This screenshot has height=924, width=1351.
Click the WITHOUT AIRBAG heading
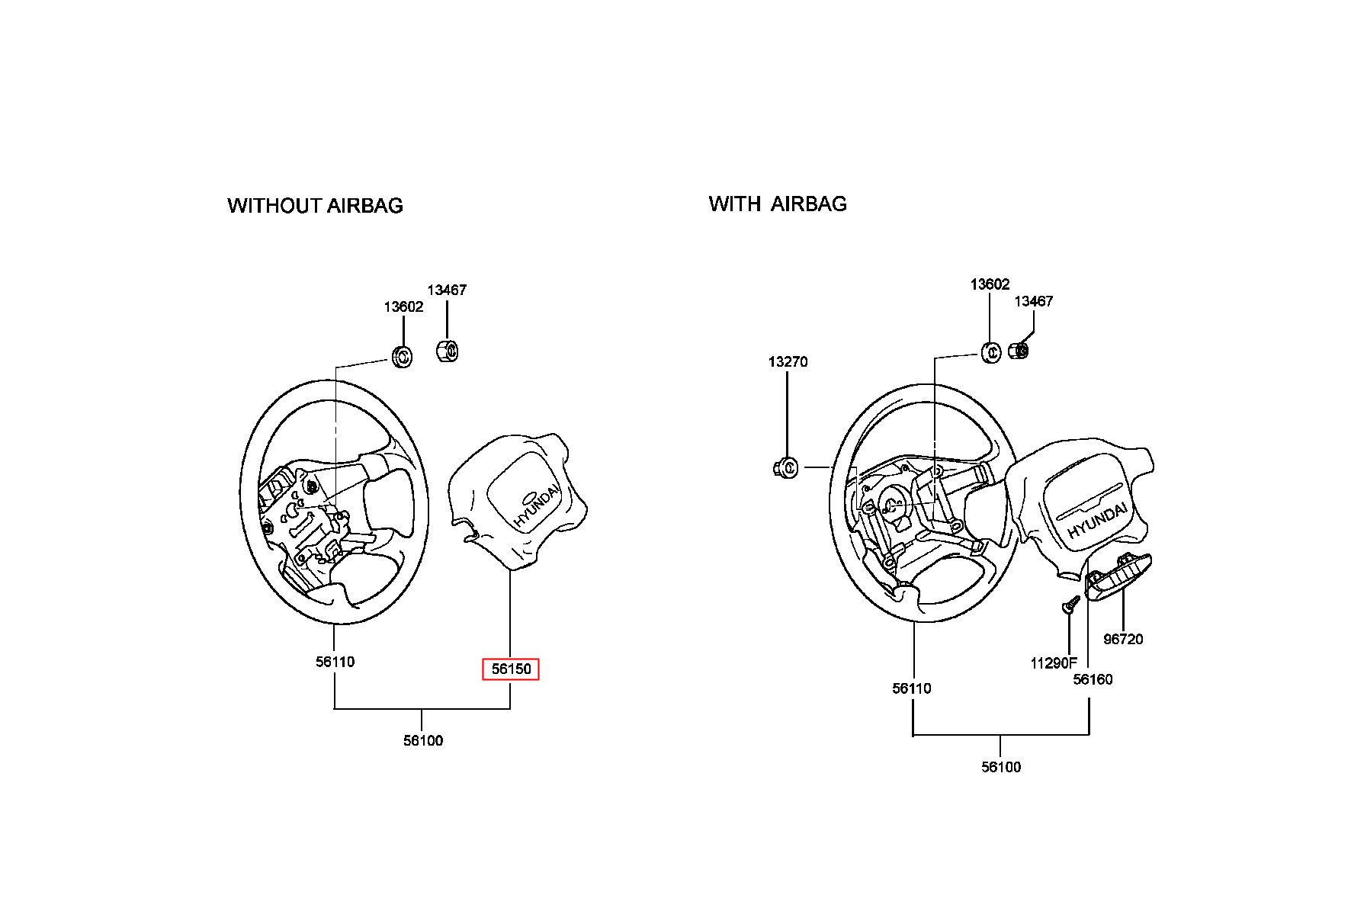[315, 205]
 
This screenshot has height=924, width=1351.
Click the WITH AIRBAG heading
[778, 204]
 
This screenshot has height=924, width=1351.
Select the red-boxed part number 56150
[511, 669]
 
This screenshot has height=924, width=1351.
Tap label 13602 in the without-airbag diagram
[403, 307]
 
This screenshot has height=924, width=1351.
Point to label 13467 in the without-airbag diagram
[447, 290]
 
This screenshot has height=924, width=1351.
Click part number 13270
[788, 362]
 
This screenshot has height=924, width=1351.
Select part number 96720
[1123, 640]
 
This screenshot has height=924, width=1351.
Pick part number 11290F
[1054, 663]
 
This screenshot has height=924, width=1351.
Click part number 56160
[1093, 679]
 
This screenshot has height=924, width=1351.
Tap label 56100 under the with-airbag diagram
[1001, 767]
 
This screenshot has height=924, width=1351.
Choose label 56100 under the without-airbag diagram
[423, 740]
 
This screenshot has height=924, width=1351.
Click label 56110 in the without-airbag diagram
[335, 662]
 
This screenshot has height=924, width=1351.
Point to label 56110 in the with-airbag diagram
[912, 688]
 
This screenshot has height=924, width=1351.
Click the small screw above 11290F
[1068, 605]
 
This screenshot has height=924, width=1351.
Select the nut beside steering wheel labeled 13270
[786, 467]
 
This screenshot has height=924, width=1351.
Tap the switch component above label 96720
[1118, 577]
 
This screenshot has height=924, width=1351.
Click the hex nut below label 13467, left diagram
[447, 351]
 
